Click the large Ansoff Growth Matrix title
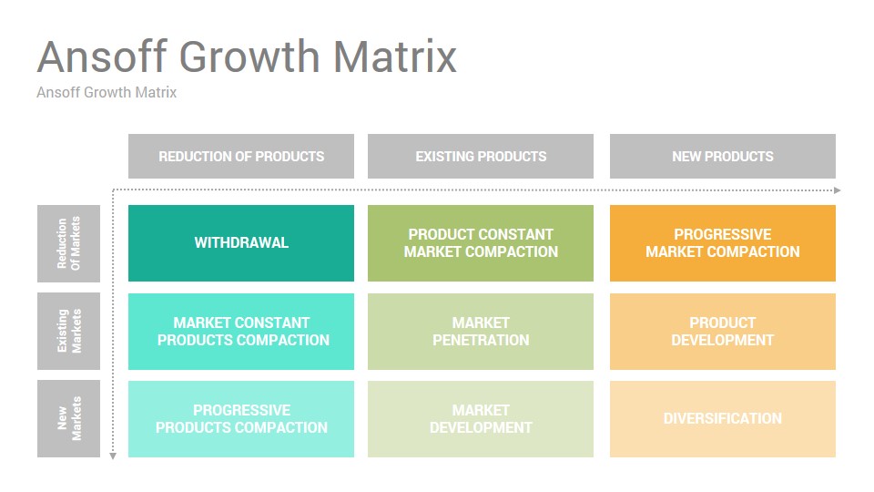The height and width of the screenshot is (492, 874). click(x=247, y=56)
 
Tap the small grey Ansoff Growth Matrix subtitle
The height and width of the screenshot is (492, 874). click(x=107, y=92)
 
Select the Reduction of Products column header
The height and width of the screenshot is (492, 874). click(x=240, y=156)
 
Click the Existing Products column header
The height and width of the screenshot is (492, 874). click(x=481, y=156)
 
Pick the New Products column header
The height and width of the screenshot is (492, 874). click(x=722, y=156)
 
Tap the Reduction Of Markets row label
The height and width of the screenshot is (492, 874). click(x=68, y=243)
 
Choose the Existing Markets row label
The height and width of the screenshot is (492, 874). click(x=68, y=332)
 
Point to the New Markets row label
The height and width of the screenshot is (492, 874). click(x=68, y=419)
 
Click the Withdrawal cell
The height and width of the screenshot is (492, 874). click(x=240, y=243)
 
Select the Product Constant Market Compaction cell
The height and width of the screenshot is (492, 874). click(x=481, y=243)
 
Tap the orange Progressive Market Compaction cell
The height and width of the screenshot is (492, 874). click(x=722, y=243)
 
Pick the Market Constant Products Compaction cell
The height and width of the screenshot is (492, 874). click(x=240, y=332)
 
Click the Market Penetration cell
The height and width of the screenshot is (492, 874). click(x=481, y=332)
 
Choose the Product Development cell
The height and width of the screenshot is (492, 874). click(x=722, y=332)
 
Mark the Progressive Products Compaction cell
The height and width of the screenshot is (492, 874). click(x=240, y=419)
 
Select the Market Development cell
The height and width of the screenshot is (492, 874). click(x=481, y=419)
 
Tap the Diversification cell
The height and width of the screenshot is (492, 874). click(x=722, y=419)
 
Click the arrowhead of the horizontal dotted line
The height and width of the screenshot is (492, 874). click(x=838, y=190)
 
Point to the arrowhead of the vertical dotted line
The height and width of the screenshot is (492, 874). click(x=113, y=456)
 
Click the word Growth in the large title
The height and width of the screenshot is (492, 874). click(x=249, y=56)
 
